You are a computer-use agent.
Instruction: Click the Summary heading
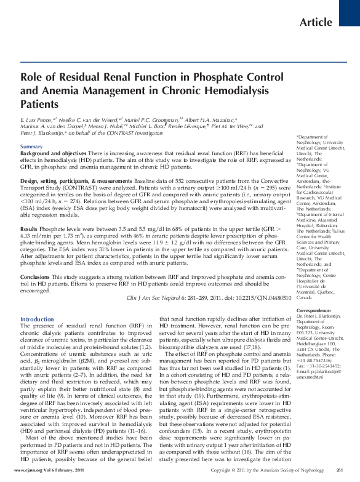(x=32, y=146)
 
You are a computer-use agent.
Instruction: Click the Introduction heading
(x=37, y=319)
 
